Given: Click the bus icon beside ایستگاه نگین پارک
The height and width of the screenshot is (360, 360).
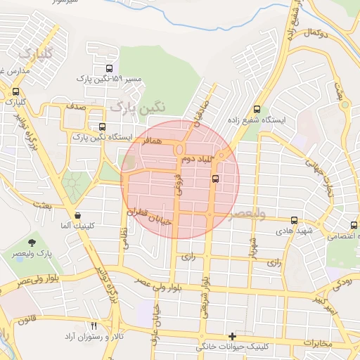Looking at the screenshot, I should [103, 127].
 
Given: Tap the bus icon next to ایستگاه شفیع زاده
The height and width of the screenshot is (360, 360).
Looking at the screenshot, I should [257, 110].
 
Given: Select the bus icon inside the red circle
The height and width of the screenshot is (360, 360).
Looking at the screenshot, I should [214, 178].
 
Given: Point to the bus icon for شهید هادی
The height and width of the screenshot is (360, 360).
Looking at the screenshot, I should [294, 220].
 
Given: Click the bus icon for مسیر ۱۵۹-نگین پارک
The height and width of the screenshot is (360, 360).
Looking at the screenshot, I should [108, 68].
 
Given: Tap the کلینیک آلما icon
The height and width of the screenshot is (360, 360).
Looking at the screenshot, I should [77, 215].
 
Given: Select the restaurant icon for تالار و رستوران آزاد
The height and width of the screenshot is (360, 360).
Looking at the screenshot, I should [94, 326].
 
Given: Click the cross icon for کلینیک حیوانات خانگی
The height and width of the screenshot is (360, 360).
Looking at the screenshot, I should [233, 336].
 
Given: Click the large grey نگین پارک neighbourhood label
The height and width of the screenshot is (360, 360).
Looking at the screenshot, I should [139, 106].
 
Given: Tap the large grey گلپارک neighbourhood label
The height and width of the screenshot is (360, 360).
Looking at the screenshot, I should [35, 53].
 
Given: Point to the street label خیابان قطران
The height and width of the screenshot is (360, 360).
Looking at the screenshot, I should [148, 212].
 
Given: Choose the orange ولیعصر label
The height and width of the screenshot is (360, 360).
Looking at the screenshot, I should [246, 214].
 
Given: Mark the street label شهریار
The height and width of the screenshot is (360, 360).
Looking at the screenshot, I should [251, 246].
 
